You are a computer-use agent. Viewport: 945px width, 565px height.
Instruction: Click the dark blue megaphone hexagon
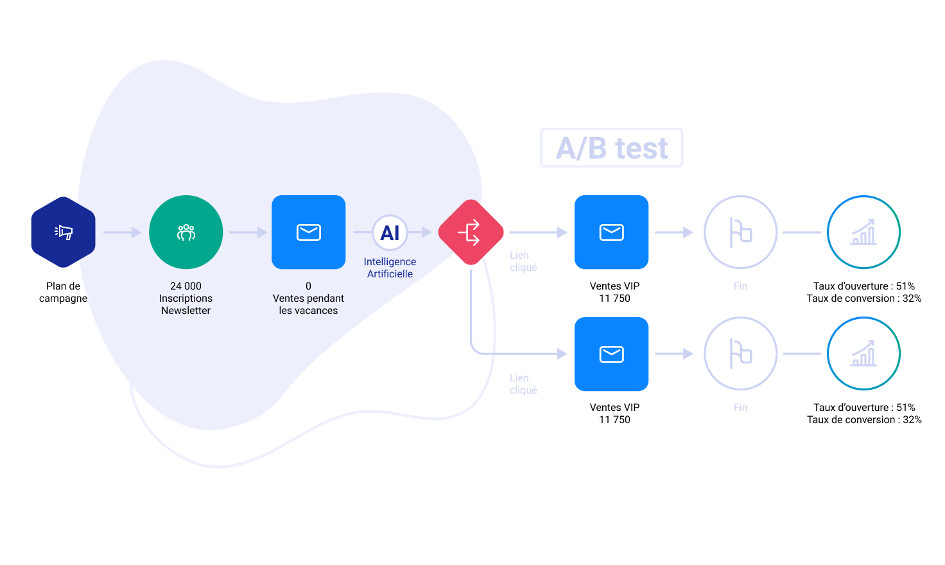(64, 232)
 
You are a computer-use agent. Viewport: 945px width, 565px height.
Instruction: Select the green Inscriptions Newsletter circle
(186, 232)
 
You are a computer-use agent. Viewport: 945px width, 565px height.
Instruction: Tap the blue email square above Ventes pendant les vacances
(308, 232)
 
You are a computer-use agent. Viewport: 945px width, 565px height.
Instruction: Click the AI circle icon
(390, 232)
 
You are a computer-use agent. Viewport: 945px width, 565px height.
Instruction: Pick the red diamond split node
(471, 232)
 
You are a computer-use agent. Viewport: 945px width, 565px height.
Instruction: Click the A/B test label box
(611, 148)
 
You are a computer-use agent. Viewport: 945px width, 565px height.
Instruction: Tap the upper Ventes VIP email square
(611, 232)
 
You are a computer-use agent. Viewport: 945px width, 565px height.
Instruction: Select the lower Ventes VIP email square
(611, 354)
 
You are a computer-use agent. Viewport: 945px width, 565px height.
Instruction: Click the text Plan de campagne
(64, 292)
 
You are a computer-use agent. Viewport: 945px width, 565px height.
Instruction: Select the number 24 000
(186, 286)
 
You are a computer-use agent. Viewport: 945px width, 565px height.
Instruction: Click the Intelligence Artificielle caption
(390, 268)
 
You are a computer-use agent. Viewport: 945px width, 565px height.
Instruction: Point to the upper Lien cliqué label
(523, 261)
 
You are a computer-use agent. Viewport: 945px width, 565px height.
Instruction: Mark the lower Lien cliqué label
(523, 383)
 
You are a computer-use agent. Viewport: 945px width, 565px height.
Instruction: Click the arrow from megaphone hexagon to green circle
(123, 232)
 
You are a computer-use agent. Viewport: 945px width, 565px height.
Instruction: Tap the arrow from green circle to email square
(248, 232)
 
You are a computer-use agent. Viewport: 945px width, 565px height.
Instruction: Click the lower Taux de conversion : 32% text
(864, 420)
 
